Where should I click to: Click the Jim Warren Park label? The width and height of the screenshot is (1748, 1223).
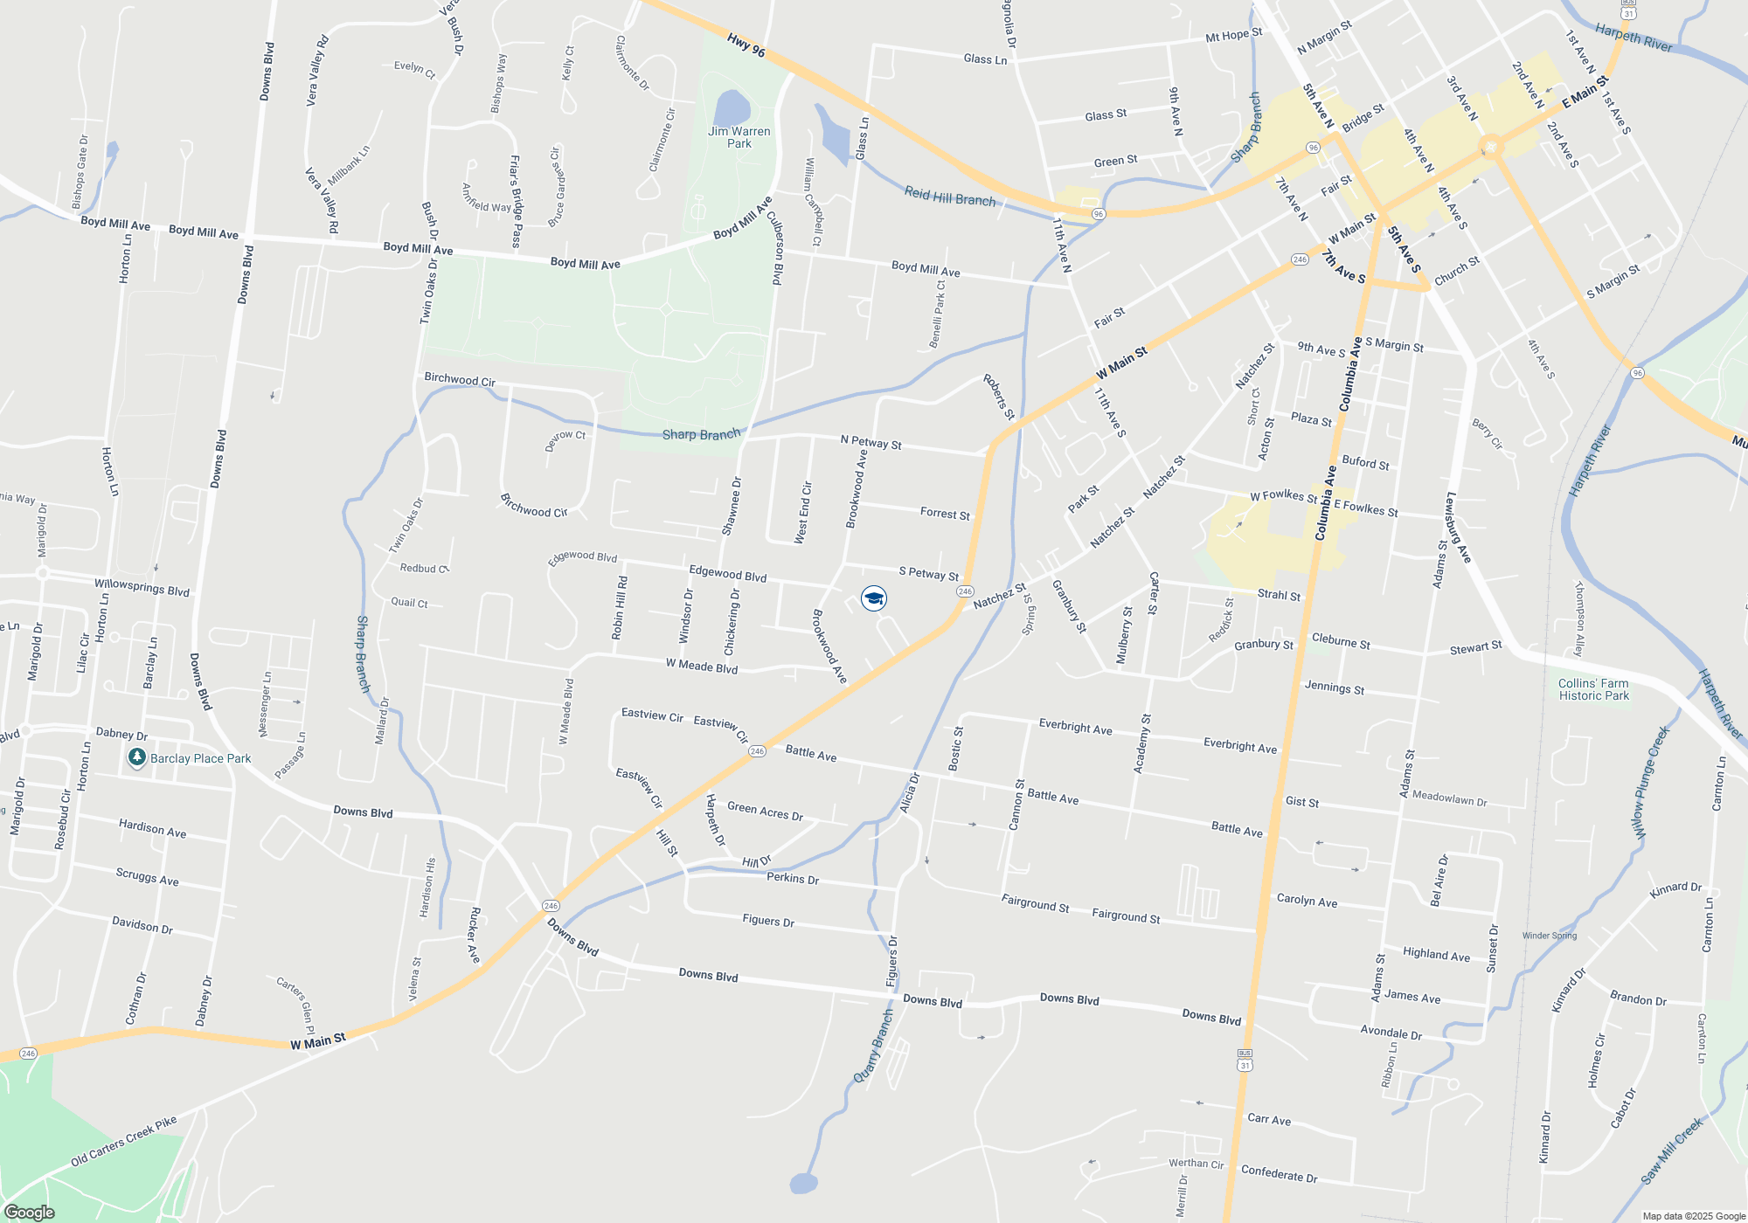[739, 137]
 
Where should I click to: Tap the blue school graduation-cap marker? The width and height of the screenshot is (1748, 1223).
[874, 598]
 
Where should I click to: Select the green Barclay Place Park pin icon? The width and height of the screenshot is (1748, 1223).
[136, 757]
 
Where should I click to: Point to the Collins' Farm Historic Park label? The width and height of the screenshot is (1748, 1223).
[1593, 689]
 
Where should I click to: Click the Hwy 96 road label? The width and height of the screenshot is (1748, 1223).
[746, 45]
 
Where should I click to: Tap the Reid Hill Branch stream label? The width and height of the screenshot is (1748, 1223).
[949, 197]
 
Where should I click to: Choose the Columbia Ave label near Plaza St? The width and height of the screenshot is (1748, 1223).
[1350, 374]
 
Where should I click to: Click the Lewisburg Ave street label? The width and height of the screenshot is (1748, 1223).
[1458, 528]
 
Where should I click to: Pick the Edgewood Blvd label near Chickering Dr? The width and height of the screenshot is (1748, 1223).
[727, 574]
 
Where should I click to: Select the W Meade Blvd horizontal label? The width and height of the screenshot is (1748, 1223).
[702, 667]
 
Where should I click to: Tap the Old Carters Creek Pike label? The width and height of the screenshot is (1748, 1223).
[124, 1141]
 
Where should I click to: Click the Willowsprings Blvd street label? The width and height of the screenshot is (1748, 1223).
[142, 587]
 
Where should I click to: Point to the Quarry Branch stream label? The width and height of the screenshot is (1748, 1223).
[873, 1047]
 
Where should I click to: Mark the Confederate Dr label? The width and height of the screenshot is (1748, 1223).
[1279, 1174]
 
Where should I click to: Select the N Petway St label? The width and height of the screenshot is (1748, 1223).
[871, 442]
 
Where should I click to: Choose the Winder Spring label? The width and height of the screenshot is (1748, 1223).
[1550, 936]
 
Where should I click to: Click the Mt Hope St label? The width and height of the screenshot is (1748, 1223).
[1233, 35]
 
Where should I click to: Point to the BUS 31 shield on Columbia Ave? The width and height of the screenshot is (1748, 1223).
[1245, 1060]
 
